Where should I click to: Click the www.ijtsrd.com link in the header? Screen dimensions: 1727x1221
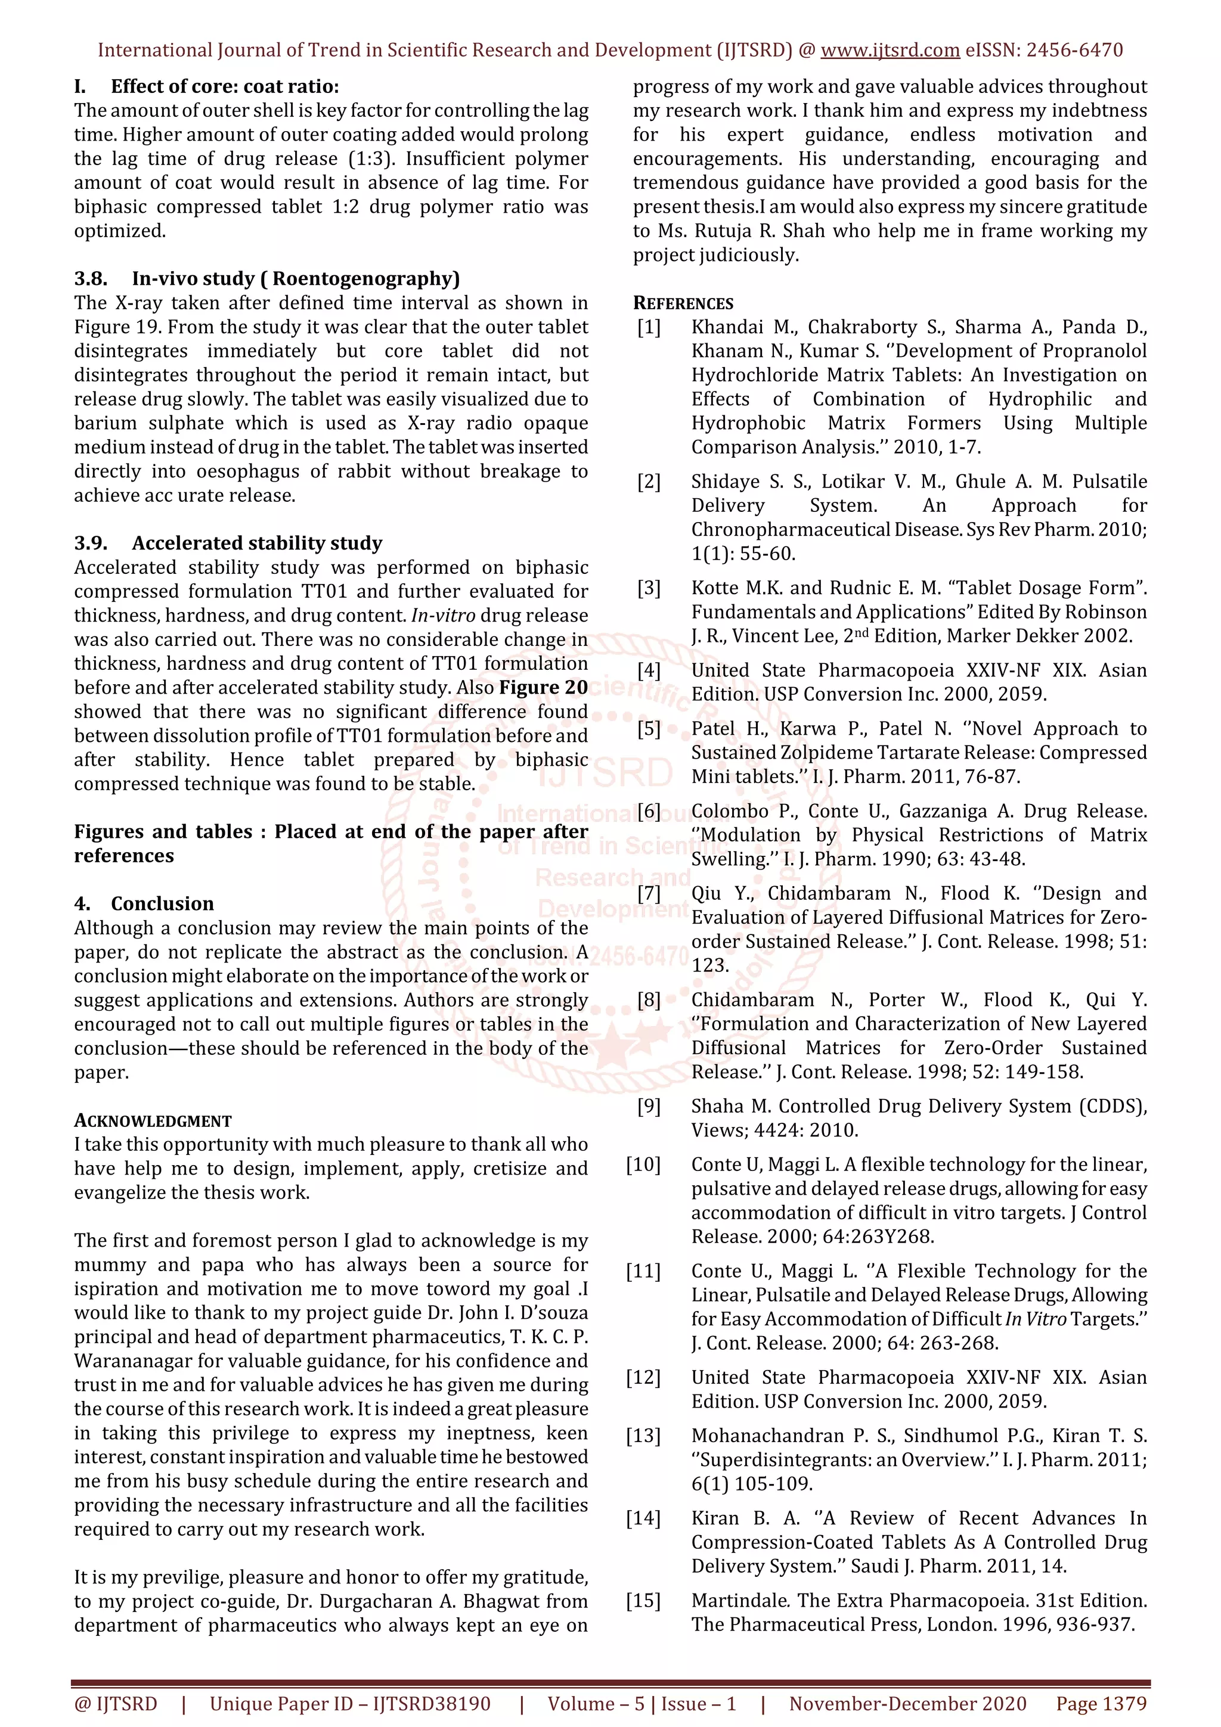pyautogui.click(x=890, y=51)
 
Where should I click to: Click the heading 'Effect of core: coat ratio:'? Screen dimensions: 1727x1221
pyautogui.click(x=224, y=86)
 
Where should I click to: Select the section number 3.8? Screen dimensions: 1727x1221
pyautogui.click(x=90, y=278)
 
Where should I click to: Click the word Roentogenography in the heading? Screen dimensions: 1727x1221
pyautogui.click(x=365, y=278)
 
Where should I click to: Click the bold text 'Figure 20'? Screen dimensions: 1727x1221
pyautogui.click(x=543, y=688)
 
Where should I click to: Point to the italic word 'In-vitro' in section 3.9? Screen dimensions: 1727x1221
pyautogui.click(x=442, y=615)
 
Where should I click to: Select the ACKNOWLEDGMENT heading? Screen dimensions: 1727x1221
pyautogui.click(x=153, y=1121)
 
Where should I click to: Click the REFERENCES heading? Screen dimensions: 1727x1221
pyautogui.click(x=683, y=303)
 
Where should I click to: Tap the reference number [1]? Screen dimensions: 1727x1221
pyautogui.click(x=649, y=327)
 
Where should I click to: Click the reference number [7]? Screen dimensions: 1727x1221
pyautogui.click(x=649, y=893)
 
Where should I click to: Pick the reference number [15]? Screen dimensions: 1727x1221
pyautogui.click(x=643, y=1601)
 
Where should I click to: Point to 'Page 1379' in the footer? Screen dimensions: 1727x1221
pyautogui.click(x=1101, y=1704)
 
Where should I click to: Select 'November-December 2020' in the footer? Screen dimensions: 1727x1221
pyautogui.click(x=907, y=1704)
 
